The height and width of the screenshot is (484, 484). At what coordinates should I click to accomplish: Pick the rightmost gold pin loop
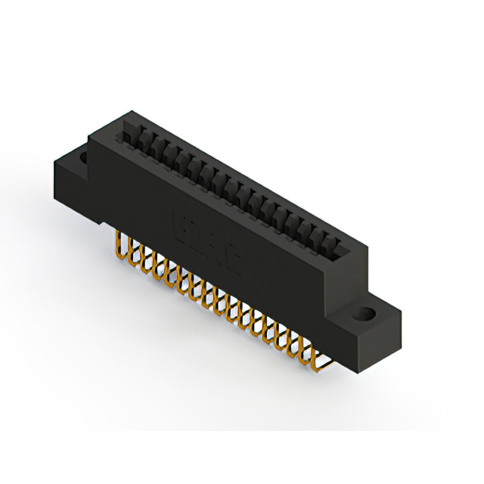click(318, 350)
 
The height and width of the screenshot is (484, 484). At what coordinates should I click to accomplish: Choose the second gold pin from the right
click(306, 344)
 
